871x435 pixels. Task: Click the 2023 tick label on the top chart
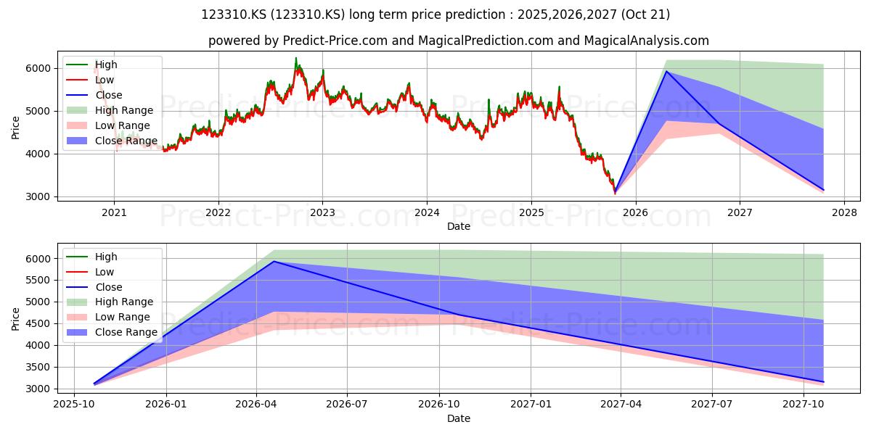(322, 213)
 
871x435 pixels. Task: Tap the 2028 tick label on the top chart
(844, 213)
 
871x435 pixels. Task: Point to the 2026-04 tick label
(256, 405)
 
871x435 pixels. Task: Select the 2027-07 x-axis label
(712, 405)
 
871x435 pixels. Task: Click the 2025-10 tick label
(74, 405)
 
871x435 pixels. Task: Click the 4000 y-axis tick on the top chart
(39, 154)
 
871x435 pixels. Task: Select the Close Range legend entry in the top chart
(112, 141)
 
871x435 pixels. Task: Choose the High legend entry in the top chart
(91, 65)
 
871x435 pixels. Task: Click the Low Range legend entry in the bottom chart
(108, 317)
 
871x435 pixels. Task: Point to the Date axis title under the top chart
(459, 226)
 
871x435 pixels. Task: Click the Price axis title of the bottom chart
(15, 319)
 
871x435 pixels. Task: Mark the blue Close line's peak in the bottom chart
(274, 262)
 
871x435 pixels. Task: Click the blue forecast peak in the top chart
(666, 71)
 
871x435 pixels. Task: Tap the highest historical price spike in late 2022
(296, 58)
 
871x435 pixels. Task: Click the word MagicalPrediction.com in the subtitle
(486, 41)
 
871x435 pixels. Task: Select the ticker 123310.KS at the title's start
(234, 14)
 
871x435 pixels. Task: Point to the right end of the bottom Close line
(823, 382)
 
